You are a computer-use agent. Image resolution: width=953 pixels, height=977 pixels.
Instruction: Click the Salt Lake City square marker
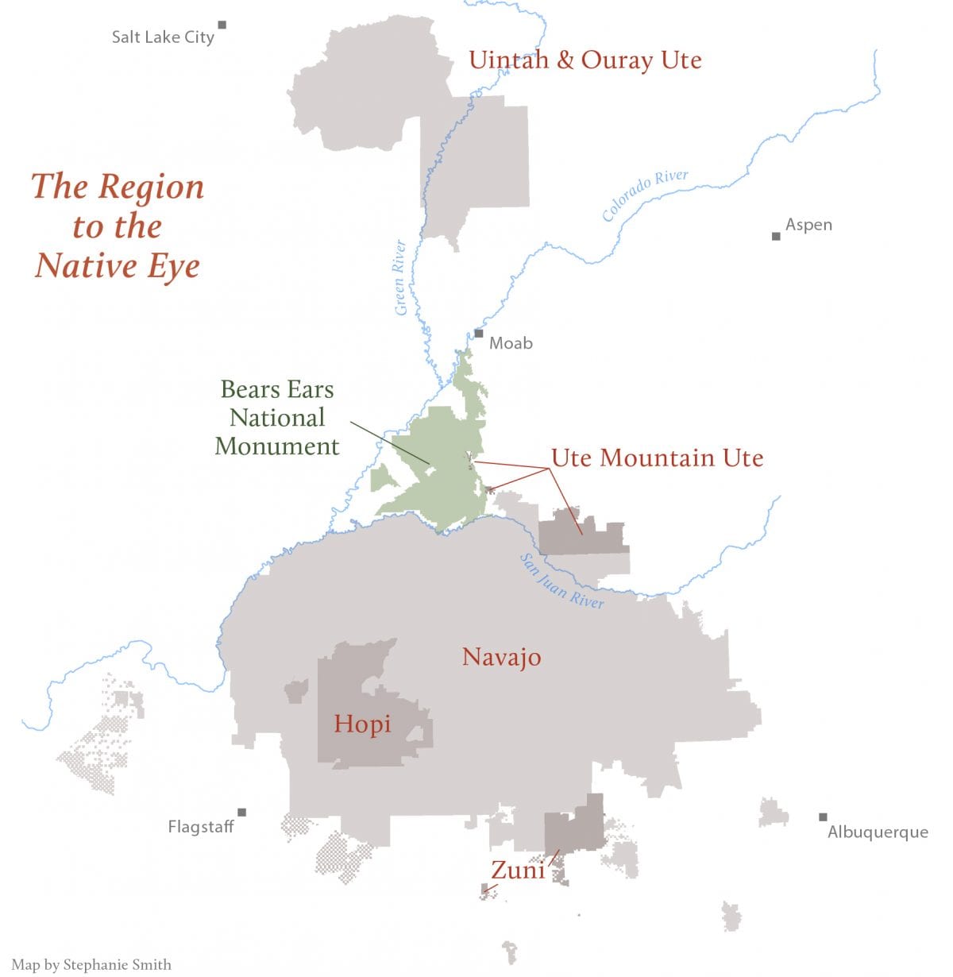(222, 25)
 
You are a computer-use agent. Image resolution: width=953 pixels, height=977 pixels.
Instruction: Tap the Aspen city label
(808, 225)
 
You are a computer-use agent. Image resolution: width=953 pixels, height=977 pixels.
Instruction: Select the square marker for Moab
(478, 334)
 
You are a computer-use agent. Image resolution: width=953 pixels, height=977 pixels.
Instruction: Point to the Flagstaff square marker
(241, 812)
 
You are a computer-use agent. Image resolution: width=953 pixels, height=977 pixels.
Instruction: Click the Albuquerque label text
(878, 832)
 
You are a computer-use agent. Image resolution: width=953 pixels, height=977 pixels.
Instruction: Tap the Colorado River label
(644, 195)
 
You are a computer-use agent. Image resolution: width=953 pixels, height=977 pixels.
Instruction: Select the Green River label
(400, 277)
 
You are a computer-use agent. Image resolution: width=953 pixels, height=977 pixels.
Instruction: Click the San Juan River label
(561, 581)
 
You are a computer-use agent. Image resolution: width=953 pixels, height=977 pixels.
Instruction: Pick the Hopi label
(362, 724)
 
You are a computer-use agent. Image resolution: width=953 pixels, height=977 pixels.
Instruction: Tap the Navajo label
(501, 657)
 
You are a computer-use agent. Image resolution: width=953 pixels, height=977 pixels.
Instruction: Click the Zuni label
(518, 870)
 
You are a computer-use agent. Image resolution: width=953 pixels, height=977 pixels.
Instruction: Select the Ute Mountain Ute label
(657, 458)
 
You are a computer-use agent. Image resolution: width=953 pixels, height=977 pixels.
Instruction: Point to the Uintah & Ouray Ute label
(585, 60)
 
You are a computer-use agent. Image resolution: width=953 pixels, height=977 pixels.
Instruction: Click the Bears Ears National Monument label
(277, 418)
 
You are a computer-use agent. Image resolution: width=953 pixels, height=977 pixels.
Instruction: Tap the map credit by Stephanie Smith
(91, 964)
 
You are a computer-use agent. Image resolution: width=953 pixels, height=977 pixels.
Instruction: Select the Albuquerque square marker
(823, 817)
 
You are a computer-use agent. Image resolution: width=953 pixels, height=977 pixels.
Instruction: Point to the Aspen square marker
(776, 236)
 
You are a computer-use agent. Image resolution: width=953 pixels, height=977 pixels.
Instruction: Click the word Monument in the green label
(277, 446)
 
